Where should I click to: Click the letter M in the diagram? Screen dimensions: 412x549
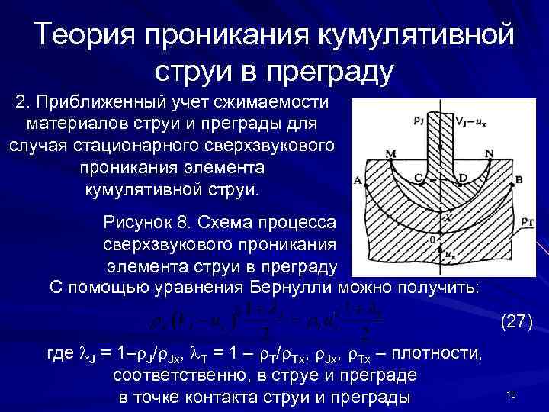[392, 153]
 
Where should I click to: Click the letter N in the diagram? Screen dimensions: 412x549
[489, 153]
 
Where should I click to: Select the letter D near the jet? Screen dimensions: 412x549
[463, 177]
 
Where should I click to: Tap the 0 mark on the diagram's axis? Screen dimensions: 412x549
[434, 240]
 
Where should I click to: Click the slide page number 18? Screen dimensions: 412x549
[512, 394]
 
